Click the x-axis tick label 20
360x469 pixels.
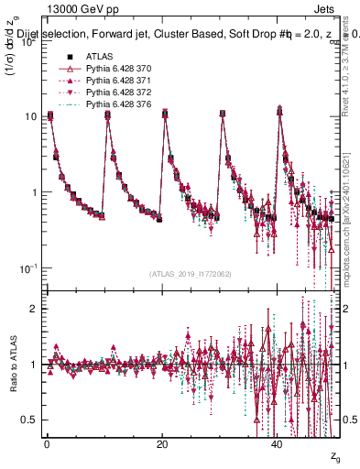162,443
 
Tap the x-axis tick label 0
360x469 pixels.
47,443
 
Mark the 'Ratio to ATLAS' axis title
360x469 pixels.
12,364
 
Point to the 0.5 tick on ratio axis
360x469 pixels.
27,420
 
